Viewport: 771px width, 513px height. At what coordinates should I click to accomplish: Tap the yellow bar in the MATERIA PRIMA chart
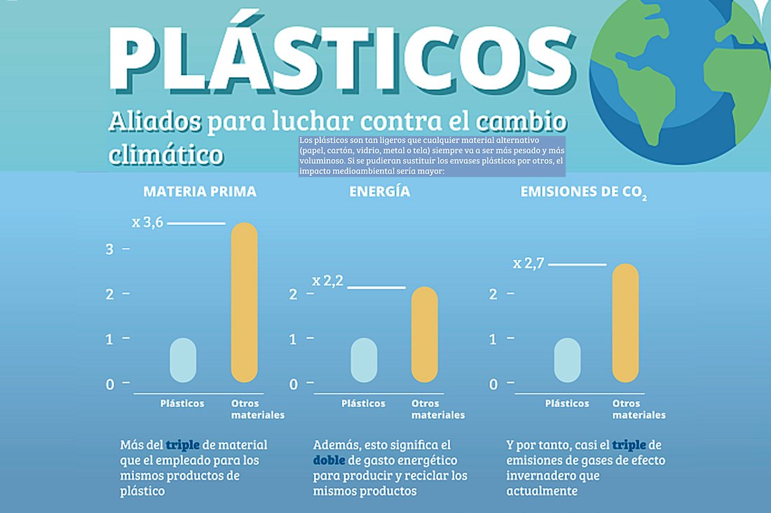245,303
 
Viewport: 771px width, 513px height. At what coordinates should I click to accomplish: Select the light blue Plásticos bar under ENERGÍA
364,361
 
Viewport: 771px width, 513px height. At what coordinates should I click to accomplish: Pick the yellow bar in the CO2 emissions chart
625,323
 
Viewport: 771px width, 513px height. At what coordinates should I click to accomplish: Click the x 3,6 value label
148,223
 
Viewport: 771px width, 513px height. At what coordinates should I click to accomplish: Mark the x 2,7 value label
527,264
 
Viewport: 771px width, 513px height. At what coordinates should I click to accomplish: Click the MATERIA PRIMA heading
200,191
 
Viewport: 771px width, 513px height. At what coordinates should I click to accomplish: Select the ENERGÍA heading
380,191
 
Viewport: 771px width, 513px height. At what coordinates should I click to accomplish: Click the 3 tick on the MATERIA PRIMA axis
109,249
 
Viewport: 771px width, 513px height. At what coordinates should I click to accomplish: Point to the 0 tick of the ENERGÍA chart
294,384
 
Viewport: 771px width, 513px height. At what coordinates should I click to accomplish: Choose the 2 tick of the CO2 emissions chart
493,294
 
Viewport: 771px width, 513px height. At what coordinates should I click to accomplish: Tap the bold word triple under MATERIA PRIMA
182,445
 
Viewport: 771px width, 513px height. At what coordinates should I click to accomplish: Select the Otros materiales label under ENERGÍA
437,409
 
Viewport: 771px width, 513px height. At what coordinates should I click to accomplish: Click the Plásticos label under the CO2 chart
567,404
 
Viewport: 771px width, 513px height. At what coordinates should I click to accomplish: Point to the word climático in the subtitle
166,153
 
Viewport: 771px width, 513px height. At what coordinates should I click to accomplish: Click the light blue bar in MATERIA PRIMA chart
183,361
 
